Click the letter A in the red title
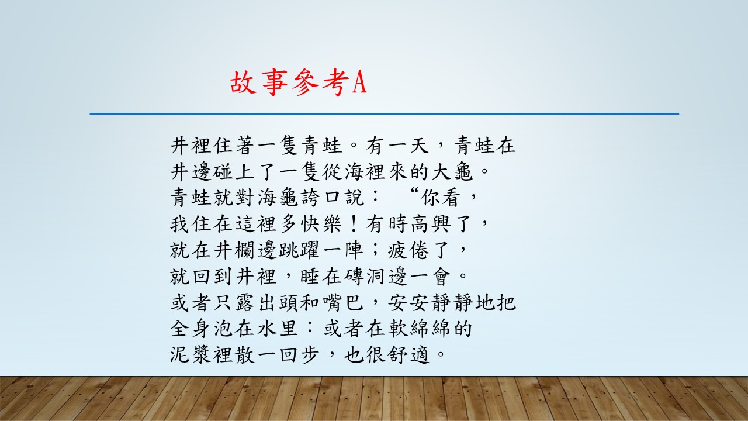359,82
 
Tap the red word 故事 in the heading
259,82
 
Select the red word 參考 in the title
320,82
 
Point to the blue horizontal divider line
385,113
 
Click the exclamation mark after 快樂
353,223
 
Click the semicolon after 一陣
375,250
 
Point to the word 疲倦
408,250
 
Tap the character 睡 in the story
310,276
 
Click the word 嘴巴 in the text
343,302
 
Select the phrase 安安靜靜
430,302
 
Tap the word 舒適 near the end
408,354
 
